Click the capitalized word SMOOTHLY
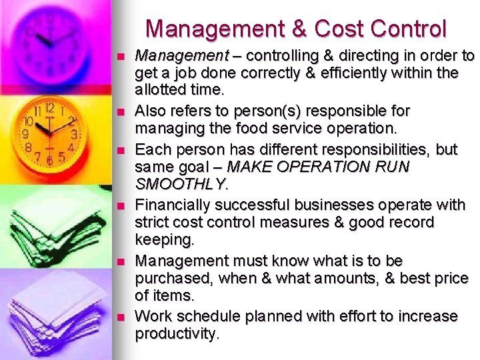pos(181,183)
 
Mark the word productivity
pos(176,333)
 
